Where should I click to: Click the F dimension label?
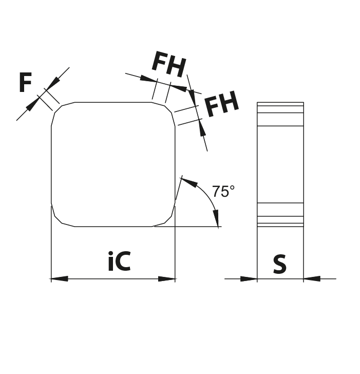[x=25, y=82]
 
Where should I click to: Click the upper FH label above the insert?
[x=169, y=64]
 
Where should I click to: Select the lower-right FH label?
[x=221, y=104]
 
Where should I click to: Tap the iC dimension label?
[x=119, y=261]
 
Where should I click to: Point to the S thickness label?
[x=280, y=264]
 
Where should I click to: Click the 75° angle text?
[x=223, y=191]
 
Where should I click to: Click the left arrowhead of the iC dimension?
[x=60, y=278]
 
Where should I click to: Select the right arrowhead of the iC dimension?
[x=167, y=278]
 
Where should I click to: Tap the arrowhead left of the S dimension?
[x=249, y=278]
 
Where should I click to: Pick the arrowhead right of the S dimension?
[x=312, y=278]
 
